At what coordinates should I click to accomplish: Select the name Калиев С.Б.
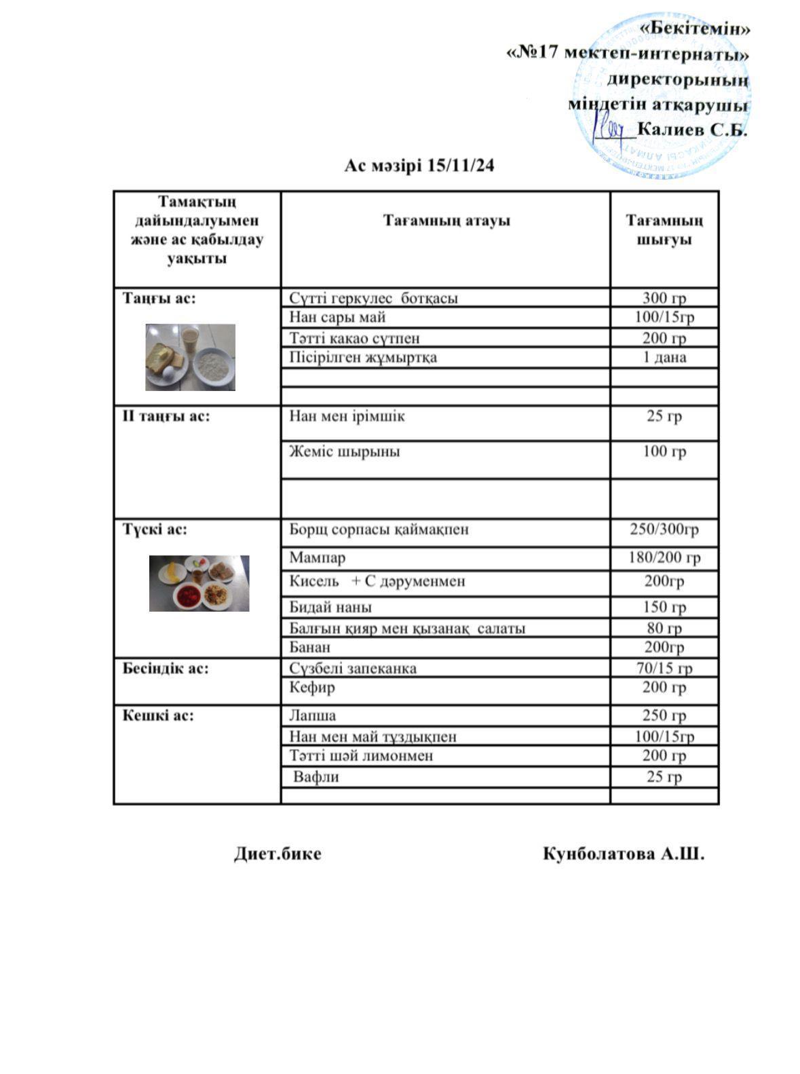[692, 130]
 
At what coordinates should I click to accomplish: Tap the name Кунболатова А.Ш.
[623, 853]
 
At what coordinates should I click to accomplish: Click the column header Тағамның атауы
[446, 221]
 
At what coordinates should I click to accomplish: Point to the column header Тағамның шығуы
[664, 230]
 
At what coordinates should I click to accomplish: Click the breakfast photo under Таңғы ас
[190, 357]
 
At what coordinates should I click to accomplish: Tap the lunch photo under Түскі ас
[199, 583]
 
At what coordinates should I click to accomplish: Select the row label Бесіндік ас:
[166, 668]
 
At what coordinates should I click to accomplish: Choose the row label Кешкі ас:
[158, 715]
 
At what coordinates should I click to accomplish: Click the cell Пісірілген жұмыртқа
[363, 357]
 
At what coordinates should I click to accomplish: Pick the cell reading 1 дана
[664, 357]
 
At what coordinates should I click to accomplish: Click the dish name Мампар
[317, 557]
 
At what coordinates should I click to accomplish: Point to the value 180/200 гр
[664, 557]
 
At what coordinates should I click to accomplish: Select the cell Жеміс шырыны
[344, 451]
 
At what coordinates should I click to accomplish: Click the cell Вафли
[316, 777]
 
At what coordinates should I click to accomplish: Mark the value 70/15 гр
[664, 668]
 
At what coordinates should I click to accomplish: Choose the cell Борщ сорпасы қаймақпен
[379, 529]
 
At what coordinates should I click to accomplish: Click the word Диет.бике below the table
[278, 853]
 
